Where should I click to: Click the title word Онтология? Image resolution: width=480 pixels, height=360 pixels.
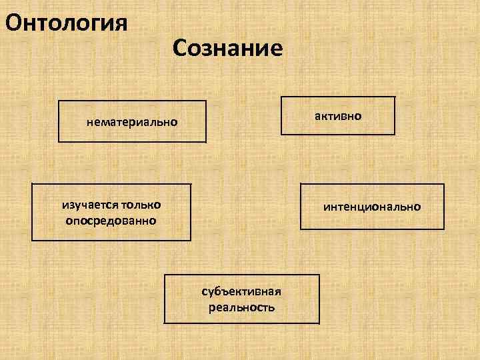click(x=65, y=23)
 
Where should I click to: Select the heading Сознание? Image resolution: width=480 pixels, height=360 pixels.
click(x=227, y=47)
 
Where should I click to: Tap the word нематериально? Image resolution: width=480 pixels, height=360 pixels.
click(x=132, y=123)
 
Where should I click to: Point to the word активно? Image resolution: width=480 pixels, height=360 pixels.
click(x=338, y=116)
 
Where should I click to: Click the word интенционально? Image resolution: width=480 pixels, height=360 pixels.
click(x=372, y=207)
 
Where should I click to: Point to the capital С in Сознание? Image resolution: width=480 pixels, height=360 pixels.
click(x=181, y=47)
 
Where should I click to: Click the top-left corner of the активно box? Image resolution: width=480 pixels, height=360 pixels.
click(x=281, y=97)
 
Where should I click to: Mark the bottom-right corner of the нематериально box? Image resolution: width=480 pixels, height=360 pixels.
click(x=206, y=142)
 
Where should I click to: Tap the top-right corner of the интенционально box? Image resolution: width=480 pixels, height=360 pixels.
click(x=444, y=183)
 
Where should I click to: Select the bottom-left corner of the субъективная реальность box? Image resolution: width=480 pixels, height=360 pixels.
click(x=165, y=323)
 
